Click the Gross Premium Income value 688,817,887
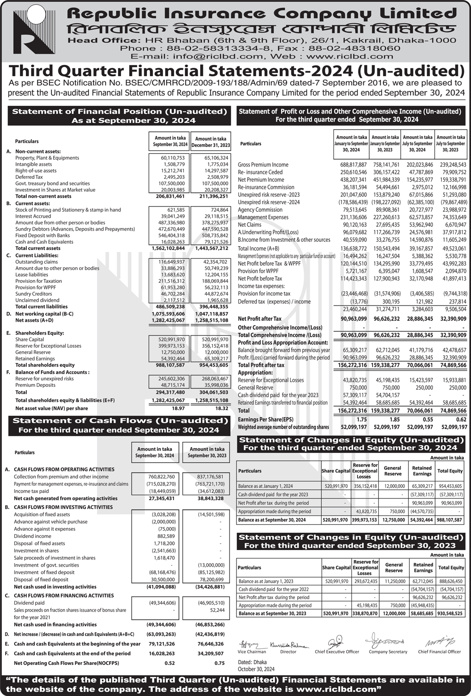click(353, 165)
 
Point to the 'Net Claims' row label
click(250, 225)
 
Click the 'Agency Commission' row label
click(260, 210)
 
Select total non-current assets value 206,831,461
click(170, 196)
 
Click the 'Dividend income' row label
click(32, 536)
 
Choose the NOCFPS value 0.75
click(219, 663)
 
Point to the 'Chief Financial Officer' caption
click(439, 652)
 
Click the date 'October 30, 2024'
click(256, 669)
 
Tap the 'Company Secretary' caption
click(388, 652)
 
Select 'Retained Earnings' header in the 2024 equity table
click(422, 471)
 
